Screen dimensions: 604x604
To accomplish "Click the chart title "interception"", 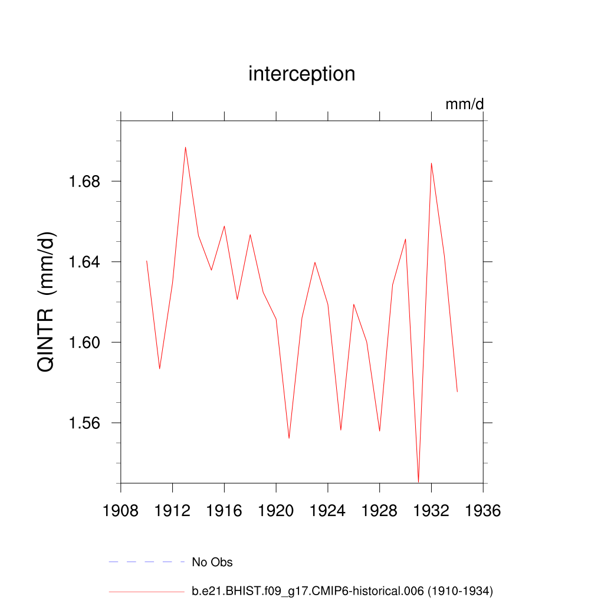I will (x=301, y=74).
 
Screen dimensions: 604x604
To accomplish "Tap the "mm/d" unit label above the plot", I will (x=464, y=104).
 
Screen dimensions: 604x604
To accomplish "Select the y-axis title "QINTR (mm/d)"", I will (x=46, y=301).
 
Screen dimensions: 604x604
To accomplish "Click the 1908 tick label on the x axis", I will (x=121, y=510).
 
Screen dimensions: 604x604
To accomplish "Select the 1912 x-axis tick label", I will (x=172, y=510).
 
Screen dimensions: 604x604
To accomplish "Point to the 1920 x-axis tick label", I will (x=276, y=510).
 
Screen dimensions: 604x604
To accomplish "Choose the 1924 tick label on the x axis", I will (x=328, y=510).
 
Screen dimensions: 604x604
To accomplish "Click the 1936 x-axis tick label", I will (x=483, y=510).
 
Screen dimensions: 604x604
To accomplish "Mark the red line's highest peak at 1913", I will (x=185, y=147).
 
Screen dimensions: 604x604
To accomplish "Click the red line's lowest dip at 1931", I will (x=418, y=482).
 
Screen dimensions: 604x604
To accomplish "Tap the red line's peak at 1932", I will (x=431, y=163).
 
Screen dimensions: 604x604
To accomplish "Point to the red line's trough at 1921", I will (x=289, y=438).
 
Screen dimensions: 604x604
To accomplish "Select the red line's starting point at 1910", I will (x=146, y=260).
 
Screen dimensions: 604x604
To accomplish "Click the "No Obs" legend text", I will (x=212, y=562).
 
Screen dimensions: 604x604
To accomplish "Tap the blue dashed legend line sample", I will (x=147, y=562).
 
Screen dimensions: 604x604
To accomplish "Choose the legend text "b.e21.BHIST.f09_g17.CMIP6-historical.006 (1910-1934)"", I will (x=342, y=591).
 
